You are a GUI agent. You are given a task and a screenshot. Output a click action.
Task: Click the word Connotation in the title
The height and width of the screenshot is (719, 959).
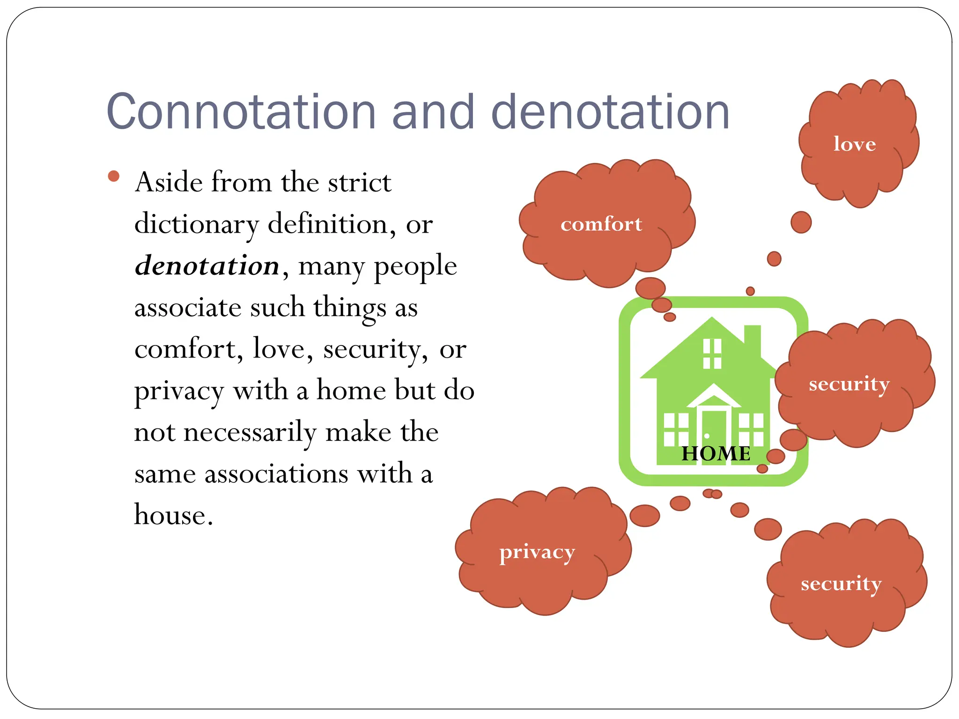click(241, 112)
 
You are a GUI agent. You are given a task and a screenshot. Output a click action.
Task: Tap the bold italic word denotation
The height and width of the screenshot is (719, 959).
click(207, 265)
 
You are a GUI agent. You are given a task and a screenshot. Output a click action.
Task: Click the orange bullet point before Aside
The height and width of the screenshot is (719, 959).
click(114, 176)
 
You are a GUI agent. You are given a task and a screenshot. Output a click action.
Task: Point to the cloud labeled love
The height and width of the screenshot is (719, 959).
click(855, 144)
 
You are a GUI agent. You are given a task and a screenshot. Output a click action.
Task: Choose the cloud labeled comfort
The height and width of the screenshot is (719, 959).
click(602, 224)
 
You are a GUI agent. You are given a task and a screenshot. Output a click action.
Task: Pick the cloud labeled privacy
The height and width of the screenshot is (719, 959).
click(537, 552)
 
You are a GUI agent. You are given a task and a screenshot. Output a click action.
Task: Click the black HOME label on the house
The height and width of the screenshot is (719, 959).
click(716, 453)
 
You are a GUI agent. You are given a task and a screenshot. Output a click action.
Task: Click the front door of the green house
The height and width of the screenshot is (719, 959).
click(713, 428)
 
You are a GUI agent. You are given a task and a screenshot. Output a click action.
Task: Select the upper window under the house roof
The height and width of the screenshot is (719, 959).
click(712, 354)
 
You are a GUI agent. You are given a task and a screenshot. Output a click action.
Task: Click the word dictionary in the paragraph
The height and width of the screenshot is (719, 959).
click(196, 224)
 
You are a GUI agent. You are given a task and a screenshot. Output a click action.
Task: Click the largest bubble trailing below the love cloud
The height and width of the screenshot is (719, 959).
click(801, 222)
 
